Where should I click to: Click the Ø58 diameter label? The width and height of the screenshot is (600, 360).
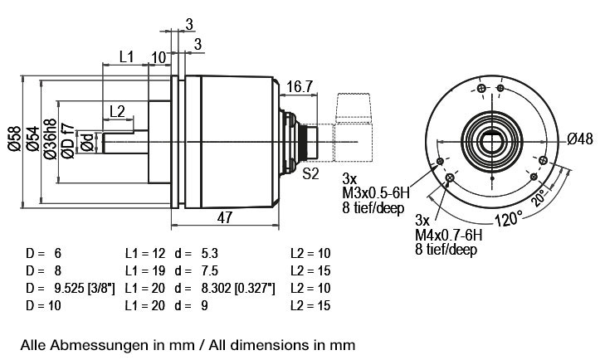15,139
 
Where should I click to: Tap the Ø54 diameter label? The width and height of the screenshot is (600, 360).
33,139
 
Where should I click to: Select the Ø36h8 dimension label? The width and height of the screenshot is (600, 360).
50,139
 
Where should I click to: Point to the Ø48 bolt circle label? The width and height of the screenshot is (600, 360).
580,139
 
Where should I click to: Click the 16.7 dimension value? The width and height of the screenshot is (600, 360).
300,86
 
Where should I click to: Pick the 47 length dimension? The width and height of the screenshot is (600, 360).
225,217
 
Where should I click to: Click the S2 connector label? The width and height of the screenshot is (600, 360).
310,174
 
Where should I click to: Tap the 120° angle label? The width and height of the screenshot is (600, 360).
509,219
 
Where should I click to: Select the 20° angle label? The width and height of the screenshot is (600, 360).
539,197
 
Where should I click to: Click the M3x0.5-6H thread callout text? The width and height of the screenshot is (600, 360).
376,192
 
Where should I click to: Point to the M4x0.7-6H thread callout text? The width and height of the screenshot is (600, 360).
448,235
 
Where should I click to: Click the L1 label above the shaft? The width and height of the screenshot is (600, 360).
126,56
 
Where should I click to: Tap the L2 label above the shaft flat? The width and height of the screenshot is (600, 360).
117,112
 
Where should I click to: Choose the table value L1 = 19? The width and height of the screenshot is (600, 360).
145,271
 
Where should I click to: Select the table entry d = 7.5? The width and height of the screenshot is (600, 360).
197,271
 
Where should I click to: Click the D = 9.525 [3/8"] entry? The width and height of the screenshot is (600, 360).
70,288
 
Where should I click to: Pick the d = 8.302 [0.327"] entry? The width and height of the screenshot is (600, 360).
225,288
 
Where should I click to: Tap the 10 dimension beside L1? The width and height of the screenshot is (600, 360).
159,58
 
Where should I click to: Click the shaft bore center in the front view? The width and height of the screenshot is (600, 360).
492,143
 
